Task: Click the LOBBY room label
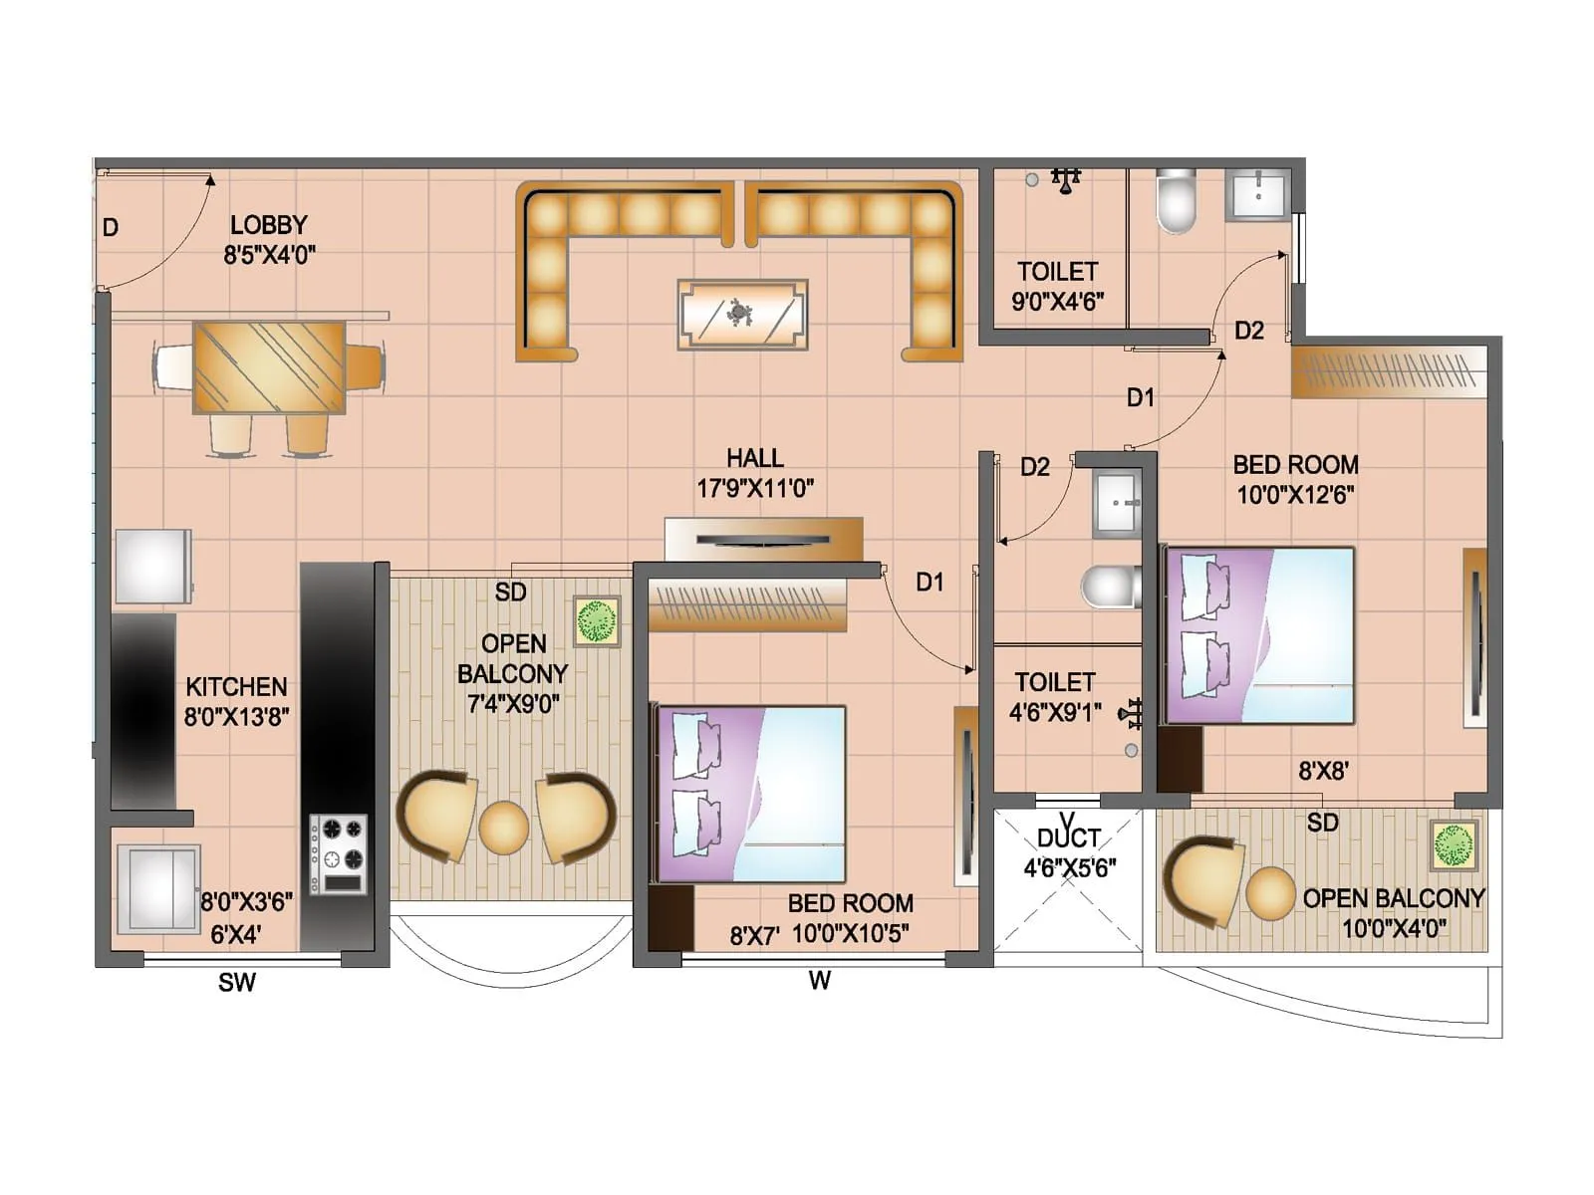[268, 226]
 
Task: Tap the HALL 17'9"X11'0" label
[754, 473]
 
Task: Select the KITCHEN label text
[236, 687]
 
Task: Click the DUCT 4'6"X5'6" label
[1069, 852]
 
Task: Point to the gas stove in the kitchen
[338, 853]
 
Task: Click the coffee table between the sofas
[742, 315]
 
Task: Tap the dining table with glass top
[269, 366]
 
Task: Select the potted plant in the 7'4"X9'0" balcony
[597, 621]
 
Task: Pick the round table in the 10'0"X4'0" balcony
[1270, 892]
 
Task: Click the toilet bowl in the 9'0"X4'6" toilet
[1176, 201]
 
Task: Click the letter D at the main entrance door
[111, 228]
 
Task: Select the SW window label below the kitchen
[237, 983]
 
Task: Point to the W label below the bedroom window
[819, 981]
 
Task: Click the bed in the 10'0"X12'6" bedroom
[1260, 634]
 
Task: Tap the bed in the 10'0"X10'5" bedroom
[750, 794]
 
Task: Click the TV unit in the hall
[763, 539]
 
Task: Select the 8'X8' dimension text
[1323, 771]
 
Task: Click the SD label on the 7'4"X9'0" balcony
[510, 593]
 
